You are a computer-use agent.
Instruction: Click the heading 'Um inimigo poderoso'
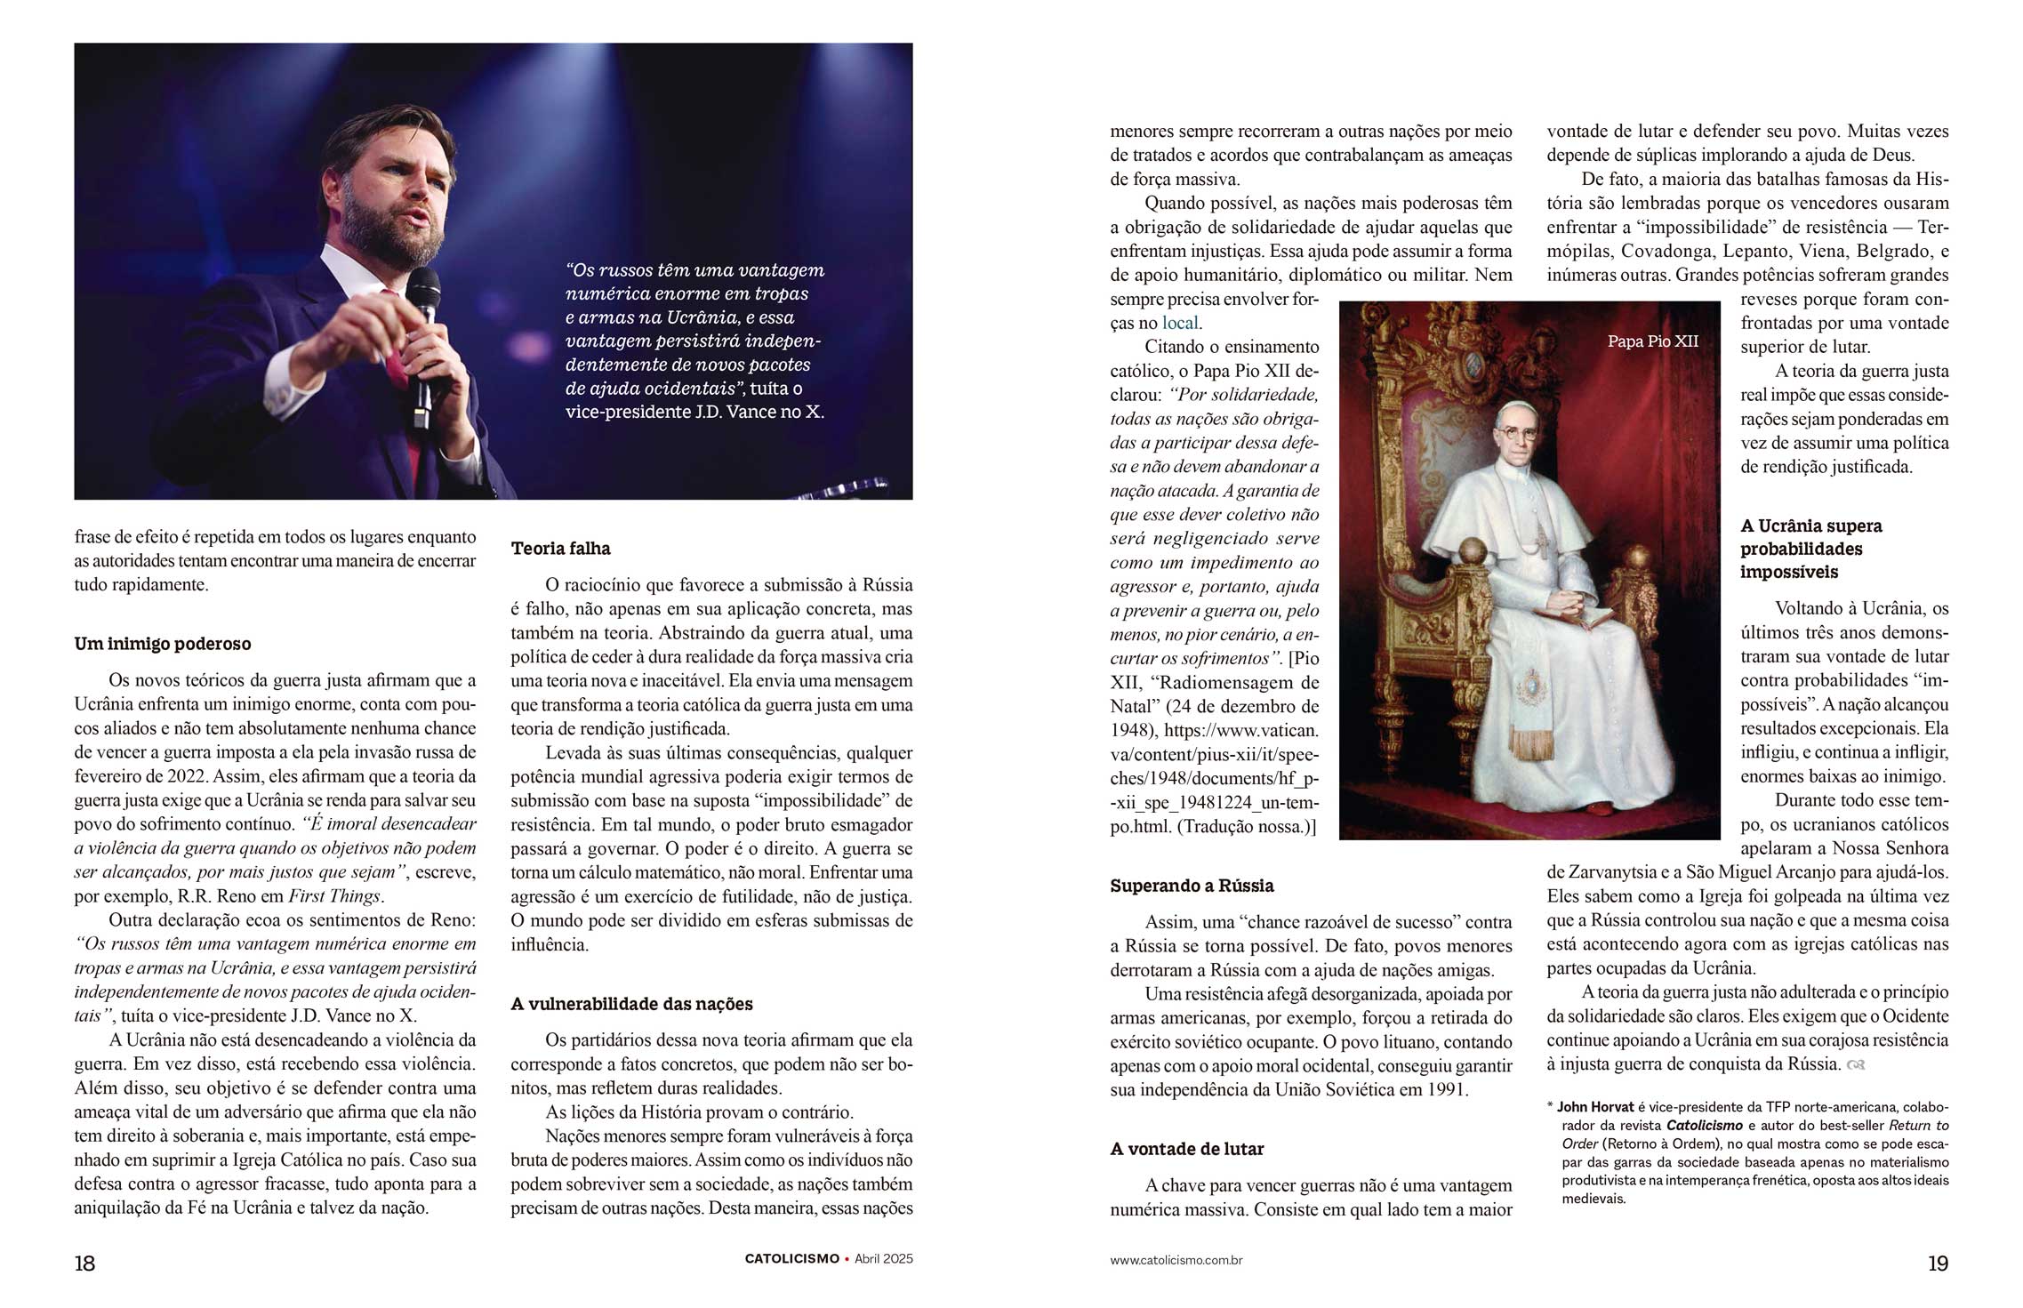[x=163, y=644]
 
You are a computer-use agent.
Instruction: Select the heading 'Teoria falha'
[x=561, y=549]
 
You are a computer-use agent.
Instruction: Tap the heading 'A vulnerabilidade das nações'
[x=631, y=1004]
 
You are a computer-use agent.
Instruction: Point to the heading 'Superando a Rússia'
[x=1192, y=886]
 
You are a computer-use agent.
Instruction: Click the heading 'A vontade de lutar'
[x=1187, y=1149]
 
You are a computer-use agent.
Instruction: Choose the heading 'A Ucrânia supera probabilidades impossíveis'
[x=1810, y=549]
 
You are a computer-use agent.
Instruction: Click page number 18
[x=84, y=1264]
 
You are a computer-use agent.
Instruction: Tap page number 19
[x=1939, y=1264]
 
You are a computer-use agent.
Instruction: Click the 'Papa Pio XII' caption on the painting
[x=1652, y=341]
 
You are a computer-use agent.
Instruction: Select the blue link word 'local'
[x=1180, y=324]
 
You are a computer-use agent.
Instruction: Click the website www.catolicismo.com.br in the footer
[x=1176, y=1261]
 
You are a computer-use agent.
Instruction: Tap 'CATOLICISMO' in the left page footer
[x=791, y=1259]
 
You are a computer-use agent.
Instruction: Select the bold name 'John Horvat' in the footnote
[x=1595, y=1108]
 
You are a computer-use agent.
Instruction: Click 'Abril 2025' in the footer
[x=884, y=1259]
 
